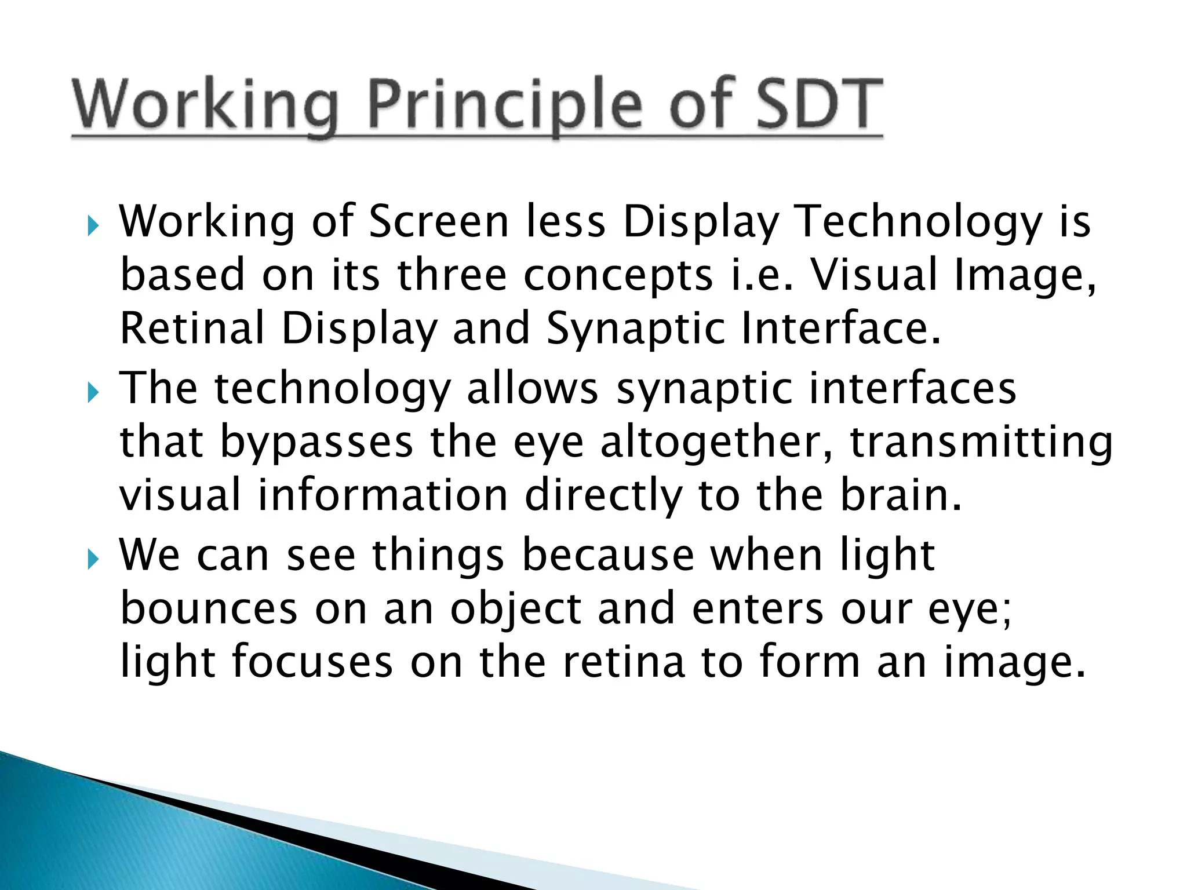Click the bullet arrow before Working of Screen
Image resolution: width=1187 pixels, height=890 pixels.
click(x=93, y=226)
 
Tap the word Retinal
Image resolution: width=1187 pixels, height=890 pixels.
click(x=192, y=329)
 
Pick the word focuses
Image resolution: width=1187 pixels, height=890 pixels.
click(x=312, y=662)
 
